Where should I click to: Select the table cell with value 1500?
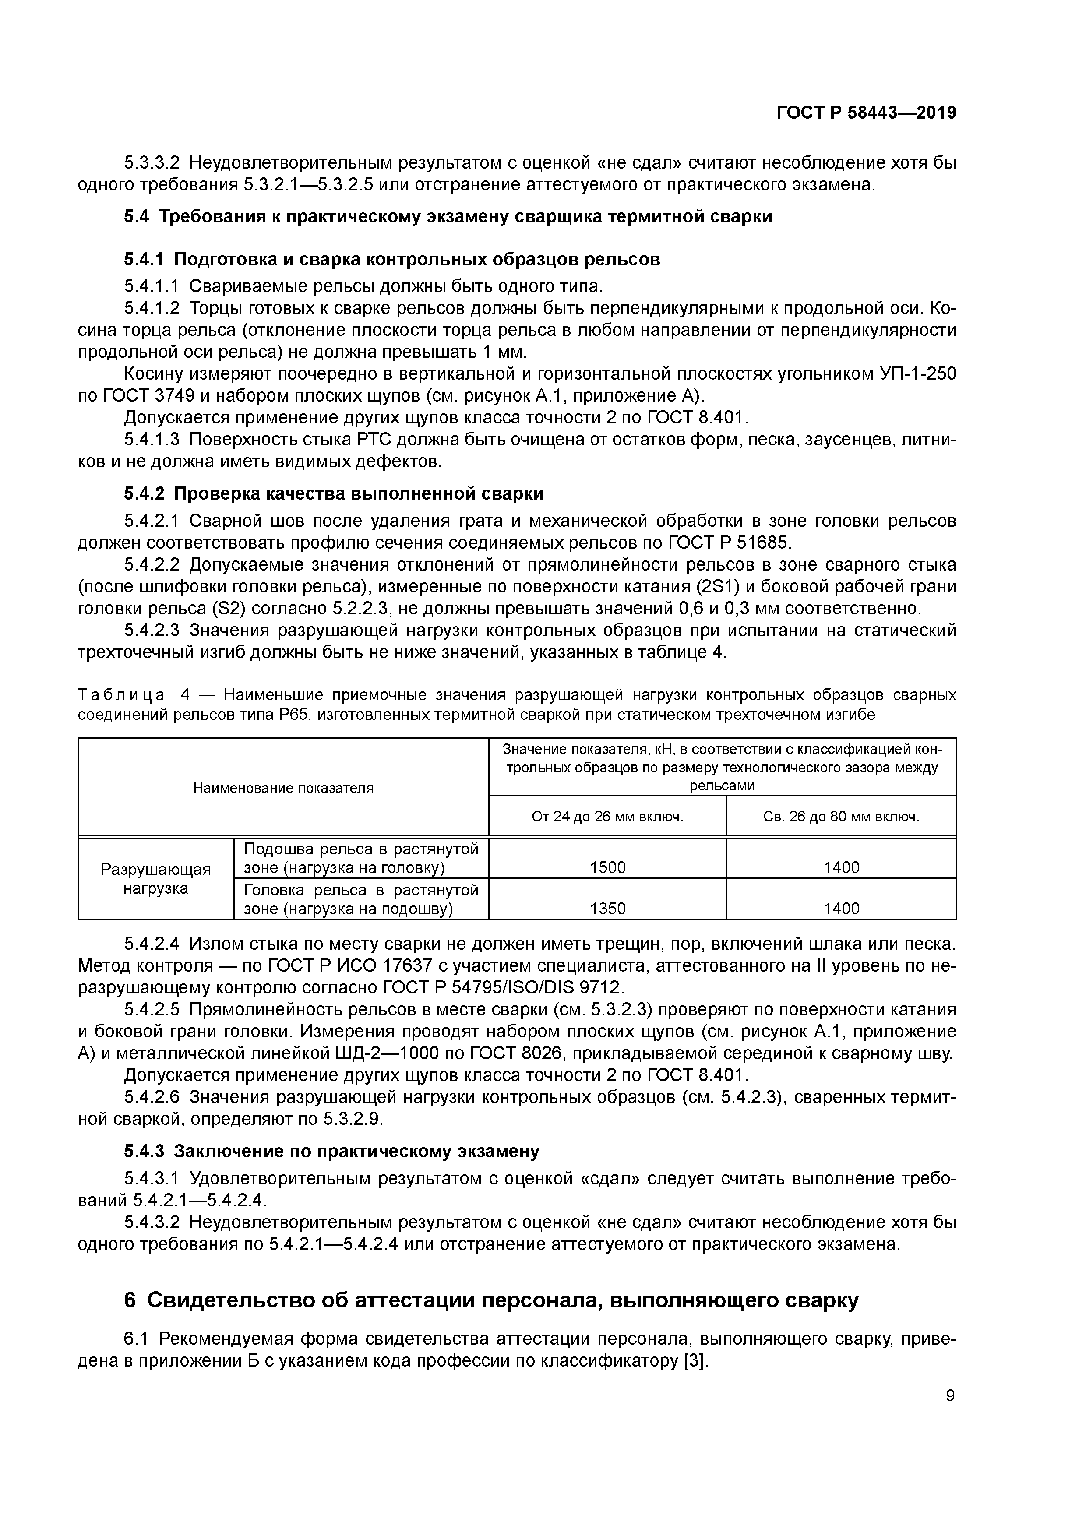coord(607,868)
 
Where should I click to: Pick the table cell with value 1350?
coord(607,909)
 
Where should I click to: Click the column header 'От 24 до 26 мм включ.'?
coord(607,817)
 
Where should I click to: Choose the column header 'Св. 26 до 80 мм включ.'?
coord(841,817)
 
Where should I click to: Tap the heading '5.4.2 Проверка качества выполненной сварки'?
coord(333,494)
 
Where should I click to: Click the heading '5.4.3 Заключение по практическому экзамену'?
coord(331,1151)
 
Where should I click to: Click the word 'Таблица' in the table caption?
coord(121,695)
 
